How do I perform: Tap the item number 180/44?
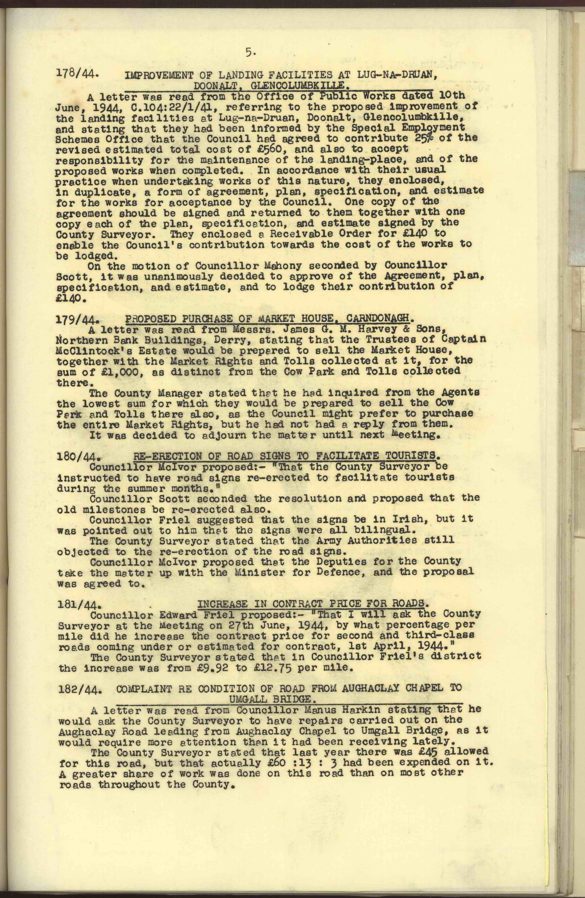(77, 458)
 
